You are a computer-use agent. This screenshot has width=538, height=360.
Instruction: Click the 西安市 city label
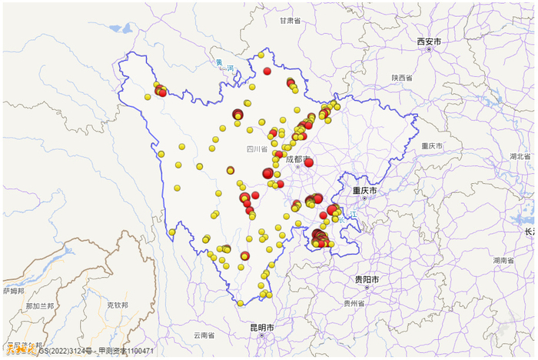(429, 41)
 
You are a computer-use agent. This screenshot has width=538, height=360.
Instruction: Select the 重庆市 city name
(365, 190)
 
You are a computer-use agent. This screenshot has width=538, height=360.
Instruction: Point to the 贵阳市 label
(367, 278)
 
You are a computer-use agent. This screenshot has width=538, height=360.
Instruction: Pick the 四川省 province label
(257, 149)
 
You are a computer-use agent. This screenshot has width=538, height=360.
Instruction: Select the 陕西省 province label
(401, 78)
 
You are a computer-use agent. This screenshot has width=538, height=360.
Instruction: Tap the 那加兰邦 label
(39, 306)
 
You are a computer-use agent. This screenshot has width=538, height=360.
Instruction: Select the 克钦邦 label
(117, 305)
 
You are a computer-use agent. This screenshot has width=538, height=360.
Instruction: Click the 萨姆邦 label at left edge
(12, 292)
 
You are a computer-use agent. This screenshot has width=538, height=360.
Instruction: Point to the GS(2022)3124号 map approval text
(65, 351)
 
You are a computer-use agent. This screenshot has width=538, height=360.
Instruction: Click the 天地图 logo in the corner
(18, 349)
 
